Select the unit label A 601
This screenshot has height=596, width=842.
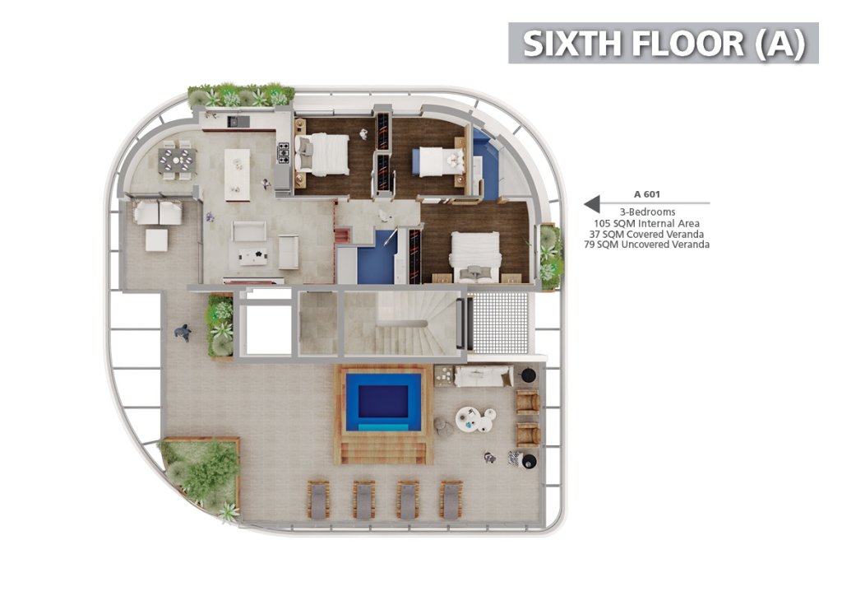pos(646,194)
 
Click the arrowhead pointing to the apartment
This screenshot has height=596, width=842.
pos(592,203)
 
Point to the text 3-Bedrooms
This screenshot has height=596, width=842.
pos(647,212)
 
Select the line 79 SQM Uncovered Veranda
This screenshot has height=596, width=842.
pos(646,244)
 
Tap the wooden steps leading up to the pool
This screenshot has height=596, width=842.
pos(383,451)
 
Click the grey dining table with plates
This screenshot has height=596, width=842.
pos(177,160)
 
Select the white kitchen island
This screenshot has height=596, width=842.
pos(238,175)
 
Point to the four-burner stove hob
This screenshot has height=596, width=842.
pos(283,153)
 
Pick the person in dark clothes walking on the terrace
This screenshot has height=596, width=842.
pos(183,333)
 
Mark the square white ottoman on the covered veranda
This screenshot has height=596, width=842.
pos(157,240)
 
